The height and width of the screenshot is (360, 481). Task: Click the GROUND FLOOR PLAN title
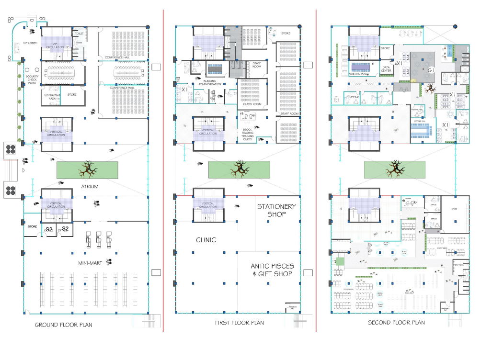[x=63, y=325]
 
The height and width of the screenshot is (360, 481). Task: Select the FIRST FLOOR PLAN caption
[x=240, y=323]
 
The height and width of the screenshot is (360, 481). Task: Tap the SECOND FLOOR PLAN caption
[x=396, y=323]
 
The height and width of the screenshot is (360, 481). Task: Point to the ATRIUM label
[x=90, y=187]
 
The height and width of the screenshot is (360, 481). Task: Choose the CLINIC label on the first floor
[x=206, y=240]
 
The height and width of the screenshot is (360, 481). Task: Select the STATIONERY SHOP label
[x=276, y=210]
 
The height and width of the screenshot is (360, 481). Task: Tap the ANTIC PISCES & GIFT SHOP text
[x=273, y=270]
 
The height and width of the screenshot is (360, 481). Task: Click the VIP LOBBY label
[x=20, y=44]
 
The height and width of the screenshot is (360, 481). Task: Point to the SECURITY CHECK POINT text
[x=32, y=79]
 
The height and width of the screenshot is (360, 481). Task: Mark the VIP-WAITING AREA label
[x=50, y=97]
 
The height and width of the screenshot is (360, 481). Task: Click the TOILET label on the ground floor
[x=79, y=34]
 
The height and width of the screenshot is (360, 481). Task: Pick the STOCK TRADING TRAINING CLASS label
[x=247, y=134]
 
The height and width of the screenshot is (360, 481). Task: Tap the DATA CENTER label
[x=386, y=69]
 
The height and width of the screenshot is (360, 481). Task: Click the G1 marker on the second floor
[x=431, y=70]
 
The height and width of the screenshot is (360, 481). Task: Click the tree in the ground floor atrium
[x=87, y=169]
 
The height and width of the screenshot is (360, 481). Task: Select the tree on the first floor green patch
[x=239, y=169]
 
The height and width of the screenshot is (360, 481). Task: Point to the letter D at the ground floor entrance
[x=23, y=170]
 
